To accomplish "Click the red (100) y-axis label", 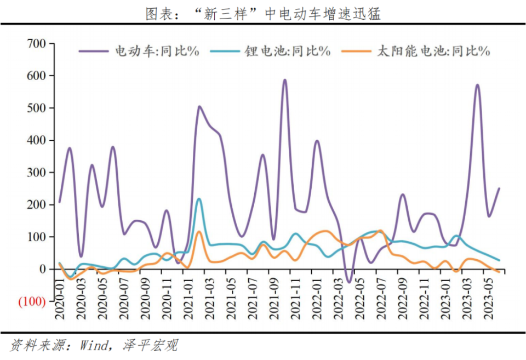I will [x=32, y=302].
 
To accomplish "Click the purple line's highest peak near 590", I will [x=284, y=80].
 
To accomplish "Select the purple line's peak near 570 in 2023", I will [x=477, y=85].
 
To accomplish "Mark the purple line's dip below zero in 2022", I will [x=348, y=282].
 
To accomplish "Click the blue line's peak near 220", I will [x=198, y=199].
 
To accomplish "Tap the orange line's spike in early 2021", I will [x=199, y=232].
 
